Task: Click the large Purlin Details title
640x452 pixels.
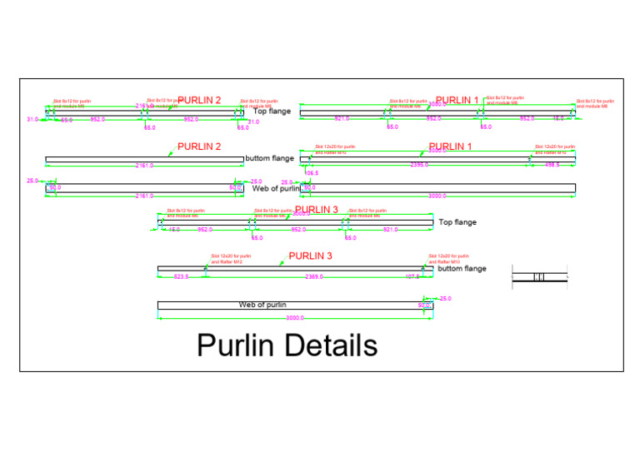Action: tap(287, 345)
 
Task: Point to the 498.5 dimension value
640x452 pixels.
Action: tap(552, 165)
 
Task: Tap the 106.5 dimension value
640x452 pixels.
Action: tap(312, 173)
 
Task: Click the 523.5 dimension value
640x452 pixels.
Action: tap(181, 276)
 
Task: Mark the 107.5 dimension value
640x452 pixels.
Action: tap(412, 276)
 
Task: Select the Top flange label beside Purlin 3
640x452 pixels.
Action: tap(457, 222)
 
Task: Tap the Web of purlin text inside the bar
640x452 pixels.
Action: tap(263, 305)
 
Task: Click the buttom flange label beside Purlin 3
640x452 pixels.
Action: tap(462, 269)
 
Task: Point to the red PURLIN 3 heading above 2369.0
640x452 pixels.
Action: tap(310, 256)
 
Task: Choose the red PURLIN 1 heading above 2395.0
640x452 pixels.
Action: tap(450, 147)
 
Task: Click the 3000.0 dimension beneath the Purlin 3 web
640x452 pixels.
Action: tap(296, 318)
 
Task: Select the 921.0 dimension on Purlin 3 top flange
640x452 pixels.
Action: tap(390, 229)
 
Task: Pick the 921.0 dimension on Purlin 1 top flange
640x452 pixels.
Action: tap(341, 118)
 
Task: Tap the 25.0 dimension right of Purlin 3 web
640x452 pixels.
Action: tap(445, 298)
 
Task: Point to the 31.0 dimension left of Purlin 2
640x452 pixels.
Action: tap(32, 120)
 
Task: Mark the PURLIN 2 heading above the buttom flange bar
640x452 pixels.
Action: tap(199, 147)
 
